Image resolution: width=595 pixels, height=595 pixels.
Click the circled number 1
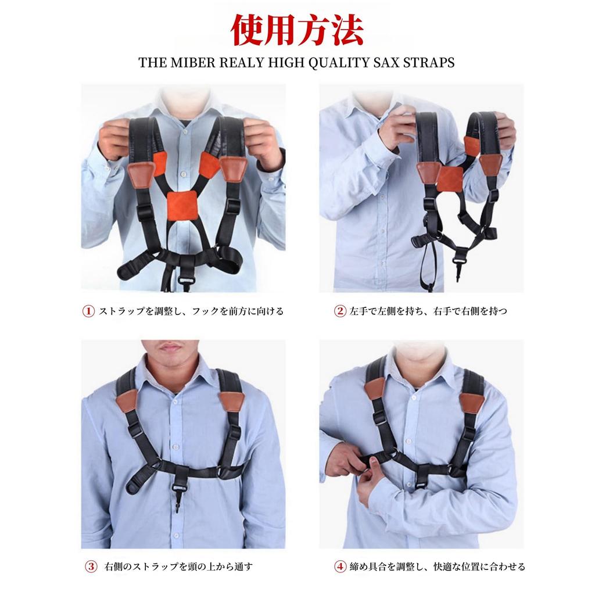coord(88,311)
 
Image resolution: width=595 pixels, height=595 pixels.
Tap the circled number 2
coord(340,311)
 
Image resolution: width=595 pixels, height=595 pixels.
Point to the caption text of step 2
coord(429,311)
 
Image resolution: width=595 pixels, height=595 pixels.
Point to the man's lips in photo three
coord(170,347)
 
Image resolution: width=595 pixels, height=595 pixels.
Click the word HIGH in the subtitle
coord(280,63)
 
